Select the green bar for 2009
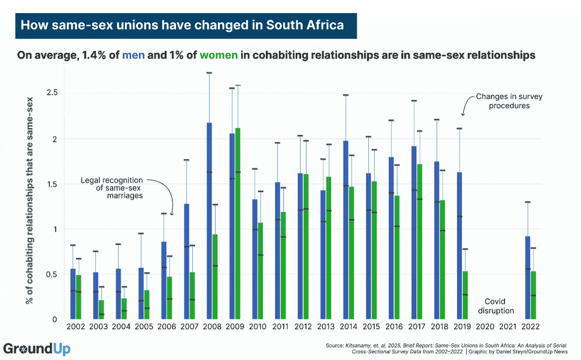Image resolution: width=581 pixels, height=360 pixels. (238, 223)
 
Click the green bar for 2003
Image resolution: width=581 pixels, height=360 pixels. (101, 310)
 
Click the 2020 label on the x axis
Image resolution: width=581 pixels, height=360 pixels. (486, 328)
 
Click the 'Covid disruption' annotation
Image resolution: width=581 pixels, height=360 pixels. (499, 306)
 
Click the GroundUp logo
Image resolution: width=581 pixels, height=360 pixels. (37, 348)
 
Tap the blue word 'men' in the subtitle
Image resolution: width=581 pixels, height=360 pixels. (133, 55)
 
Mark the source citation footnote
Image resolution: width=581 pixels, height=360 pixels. (448, 348)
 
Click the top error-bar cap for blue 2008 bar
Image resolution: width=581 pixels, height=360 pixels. (209, 73)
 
